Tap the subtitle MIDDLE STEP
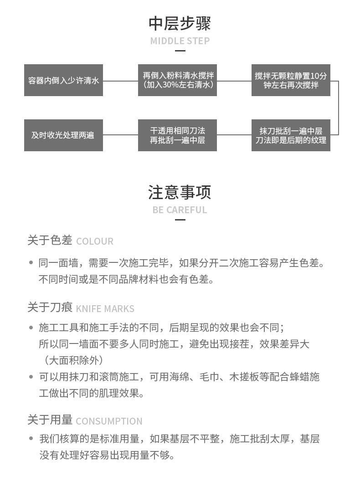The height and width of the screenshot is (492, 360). click(180, 41)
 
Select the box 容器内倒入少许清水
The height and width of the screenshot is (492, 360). click(63, 81)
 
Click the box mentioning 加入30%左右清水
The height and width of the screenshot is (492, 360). click(177, 81)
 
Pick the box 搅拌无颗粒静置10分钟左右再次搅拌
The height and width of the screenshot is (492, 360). click(291, 81)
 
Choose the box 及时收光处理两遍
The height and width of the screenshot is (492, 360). click(63, 135)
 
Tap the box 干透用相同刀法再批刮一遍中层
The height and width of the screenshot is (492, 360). click(177, 135)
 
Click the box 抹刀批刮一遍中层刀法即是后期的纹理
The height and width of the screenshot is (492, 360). click(291, 135)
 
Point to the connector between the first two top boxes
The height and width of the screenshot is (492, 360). click(120, 81)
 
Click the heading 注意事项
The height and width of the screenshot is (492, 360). click(180, 192)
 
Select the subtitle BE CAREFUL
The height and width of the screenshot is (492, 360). click(180, 210)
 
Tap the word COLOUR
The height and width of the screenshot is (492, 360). click(95, 241)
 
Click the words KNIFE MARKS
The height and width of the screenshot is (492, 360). click(105, 309)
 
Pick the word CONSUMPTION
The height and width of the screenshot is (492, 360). click(109, 421)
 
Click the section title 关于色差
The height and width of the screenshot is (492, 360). click(50, 240)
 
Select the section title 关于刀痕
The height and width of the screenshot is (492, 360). click(50, 307)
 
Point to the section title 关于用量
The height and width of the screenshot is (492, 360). click(50, 420)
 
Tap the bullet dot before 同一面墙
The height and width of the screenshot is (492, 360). click(31, 263)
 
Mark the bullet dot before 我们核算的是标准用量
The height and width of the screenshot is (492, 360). click(31, 439)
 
